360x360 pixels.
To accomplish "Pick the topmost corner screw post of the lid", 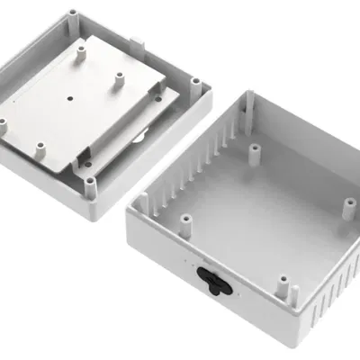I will click(x=71, y=14).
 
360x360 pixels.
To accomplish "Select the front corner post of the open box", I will click(x=294, y=292).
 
